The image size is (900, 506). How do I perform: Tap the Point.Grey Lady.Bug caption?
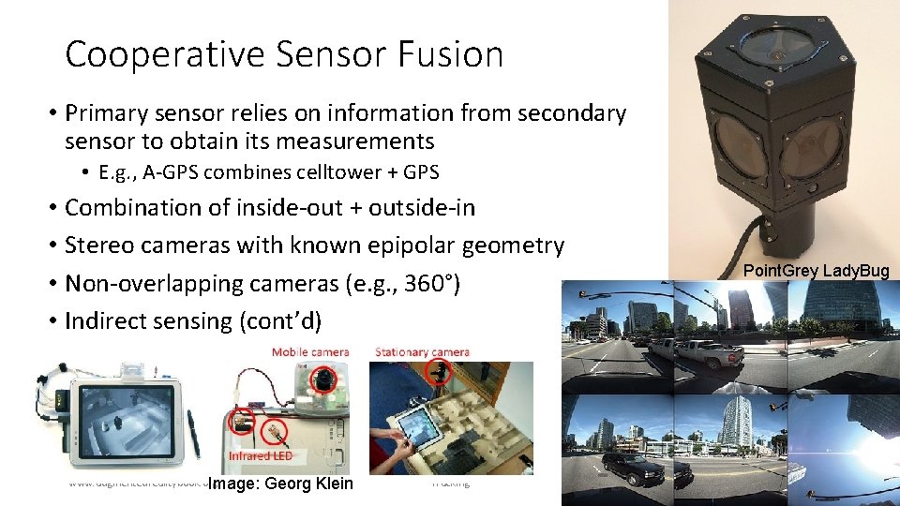tap(816, 271)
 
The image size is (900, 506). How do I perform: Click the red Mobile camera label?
tap(309, 352)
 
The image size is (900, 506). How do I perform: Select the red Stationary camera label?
tap(422, 352)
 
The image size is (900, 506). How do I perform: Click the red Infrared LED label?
tap(260, 456)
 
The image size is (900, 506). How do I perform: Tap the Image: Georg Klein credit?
tap(280, 484)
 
